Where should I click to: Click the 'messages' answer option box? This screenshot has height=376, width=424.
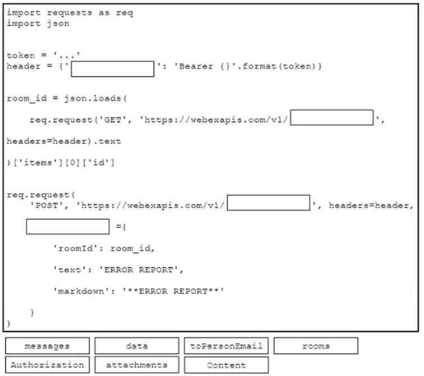47,346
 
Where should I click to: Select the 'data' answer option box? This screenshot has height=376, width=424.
137,346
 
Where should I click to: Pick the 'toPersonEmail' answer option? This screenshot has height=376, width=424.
226,346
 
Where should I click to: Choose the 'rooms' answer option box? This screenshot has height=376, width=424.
316,346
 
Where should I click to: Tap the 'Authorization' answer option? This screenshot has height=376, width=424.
47,365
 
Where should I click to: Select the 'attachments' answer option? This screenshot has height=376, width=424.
137,365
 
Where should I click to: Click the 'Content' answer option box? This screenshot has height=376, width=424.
226,365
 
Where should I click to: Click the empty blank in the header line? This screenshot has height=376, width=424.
113,69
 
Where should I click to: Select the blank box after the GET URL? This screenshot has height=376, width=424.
332,117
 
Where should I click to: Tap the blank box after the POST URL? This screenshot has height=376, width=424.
268,202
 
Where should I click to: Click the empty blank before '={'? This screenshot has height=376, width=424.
68,226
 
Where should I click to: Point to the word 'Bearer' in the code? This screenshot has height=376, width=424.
196,66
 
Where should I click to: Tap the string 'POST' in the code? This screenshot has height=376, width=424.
47,206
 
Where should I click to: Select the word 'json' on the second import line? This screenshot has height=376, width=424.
58,24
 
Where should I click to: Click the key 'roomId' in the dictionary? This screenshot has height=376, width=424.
76,248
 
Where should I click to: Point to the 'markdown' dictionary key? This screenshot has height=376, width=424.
81,291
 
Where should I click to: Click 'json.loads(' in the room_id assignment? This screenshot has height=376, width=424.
95,98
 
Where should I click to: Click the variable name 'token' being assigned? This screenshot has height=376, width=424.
21,56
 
